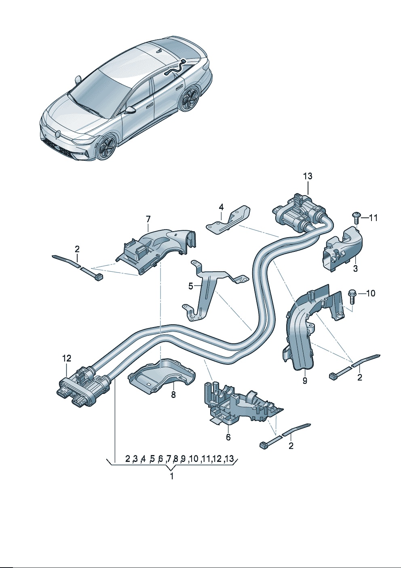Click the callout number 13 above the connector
click(308, 176)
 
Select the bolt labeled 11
click(356, 217)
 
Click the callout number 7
click(148, 219)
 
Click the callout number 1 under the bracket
click(172, 476)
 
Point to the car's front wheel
click(106, 148)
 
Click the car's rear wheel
click(189, 100)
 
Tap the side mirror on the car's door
click(131, 110)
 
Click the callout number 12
click(66, 358)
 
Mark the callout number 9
click(305, 381)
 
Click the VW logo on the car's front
click(57, 134)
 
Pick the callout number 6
click(228, 437)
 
